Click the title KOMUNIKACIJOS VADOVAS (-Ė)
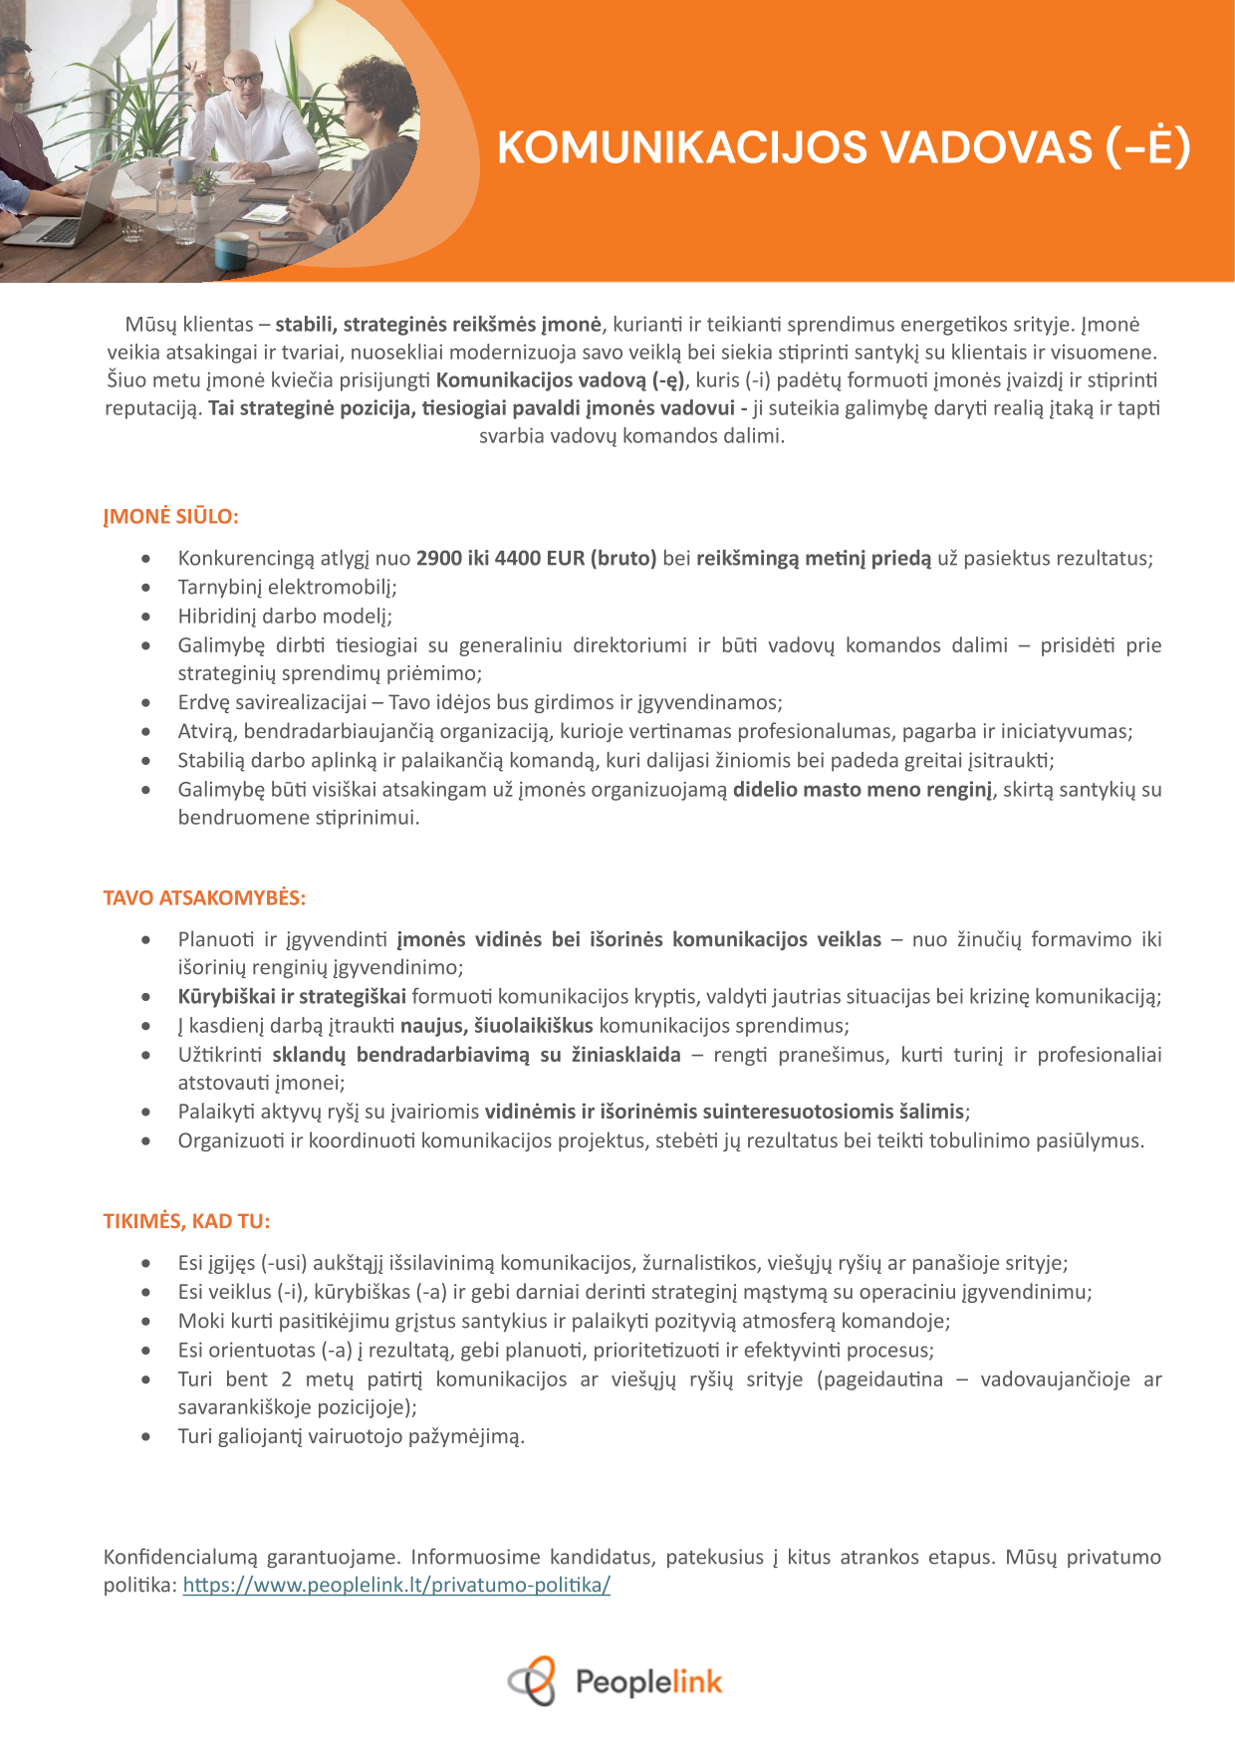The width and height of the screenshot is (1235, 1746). pos(843,147)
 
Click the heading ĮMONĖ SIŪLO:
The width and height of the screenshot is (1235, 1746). pos(170,517)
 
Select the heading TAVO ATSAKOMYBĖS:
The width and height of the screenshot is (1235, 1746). pos(204,897)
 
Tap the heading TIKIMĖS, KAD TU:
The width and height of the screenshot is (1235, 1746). pos(186,1221)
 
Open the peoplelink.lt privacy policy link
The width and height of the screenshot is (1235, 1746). pos(396,1585)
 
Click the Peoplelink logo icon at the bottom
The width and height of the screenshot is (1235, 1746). pos(533,1681)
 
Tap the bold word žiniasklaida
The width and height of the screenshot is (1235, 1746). pos(624,1054)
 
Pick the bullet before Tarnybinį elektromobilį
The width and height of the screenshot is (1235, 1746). pos(146,588)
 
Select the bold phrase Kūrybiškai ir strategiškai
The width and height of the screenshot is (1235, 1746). pos(292,996)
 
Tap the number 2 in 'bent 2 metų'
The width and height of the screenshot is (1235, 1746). pos(287,1379)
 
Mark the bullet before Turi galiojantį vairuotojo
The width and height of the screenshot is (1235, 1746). pos(146,1437)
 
